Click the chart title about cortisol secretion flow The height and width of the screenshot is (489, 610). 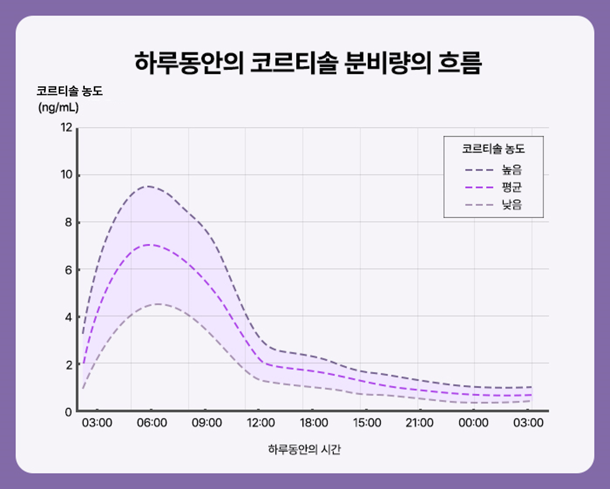click(x=308, y=63)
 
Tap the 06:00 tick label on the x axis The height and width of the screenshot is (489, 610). click(x=152, y=423)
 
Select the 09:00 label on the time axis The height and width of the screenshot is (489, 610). click(x=207, y=423)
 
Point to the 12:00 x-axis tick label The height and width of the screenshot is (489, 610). click(x=260, y=423)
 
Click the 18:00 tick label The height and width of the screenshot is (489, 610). click(x=314, y=423)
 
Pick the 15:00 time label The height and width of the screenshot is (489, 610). click(x=367, y=423)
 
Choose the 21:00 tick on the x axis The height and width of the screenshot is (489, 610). click(x=420, y=423)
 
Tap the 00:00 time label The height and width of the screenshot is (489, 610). click(x=473, y=423)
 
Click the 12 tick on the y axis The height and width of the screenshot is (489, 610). click(x=66, y=128)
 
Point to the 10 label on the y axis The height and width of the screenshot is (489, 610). click(x=66, y=175)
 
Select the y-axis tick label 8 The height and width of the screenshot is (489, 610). click(x=68, y=222)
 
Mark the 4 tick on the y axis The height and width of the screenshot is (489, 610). click(x=68, y=317)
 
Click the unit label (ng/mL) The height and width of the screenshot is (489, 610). click(x=58, y=107)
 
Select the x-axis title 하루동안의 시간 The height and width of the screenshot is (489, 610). click(x=304, y=449)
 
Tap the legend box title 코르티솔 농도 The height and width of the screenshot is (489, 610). click(x=493, y=149)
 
